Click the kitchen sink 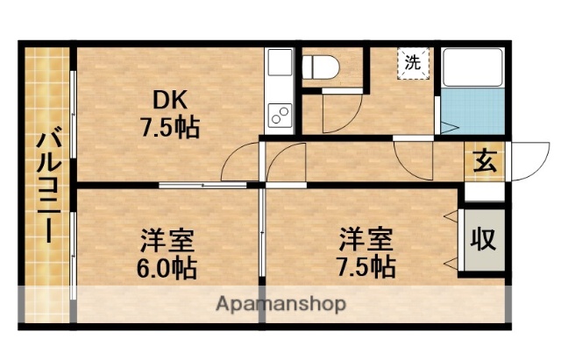tap(280, 63)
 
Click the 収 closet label tap(484, 238)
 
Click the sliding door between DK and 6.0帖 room tap(203, 185)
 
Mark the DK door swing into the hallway tap(240, 163)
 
